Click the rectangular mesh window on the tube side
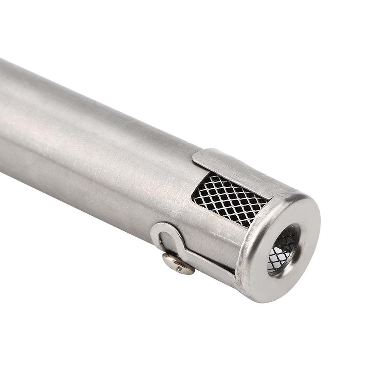point(228,199)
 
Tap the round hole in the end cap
point(284,249)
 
